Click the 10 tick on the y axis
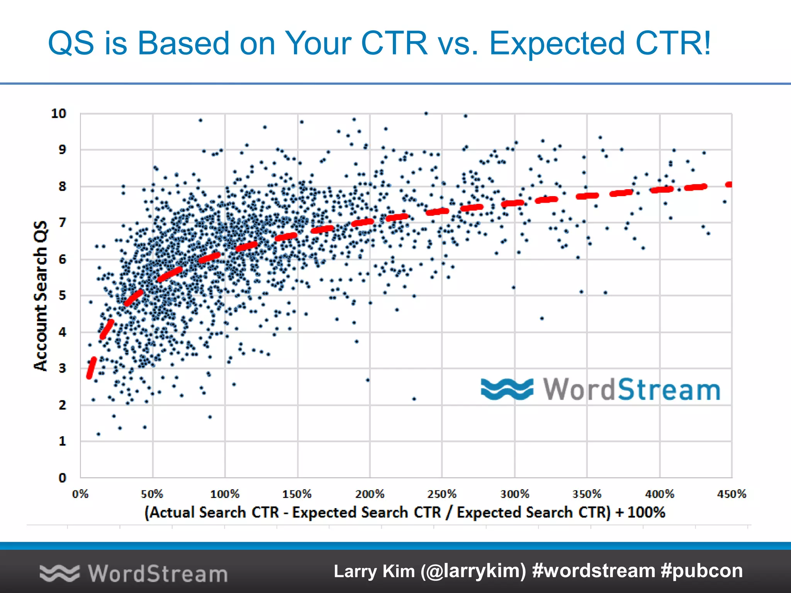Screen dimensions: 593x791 pyautogui.click(x=59, y=114)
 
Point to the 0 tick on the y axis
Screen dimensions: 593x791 pyautogui.click(x=62, y=478)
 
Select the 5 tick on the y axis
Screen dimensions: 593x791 pyautogui.click(x=62, y=296)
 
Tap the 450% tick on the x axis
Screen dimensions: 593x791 pyautogui.click(x=732, y=494)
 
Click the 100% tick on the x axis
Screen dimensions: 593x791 pyautogui.click(x=225, y=494)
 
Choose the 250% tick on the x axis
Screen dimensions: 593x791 pyautogui.click(x=442, y=494)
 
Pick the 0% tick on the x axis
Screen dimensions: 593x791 pyautogui.click(x=80, y=494)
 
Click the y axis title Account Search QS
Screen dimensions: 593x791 pyautogui.click(x=41, y=296)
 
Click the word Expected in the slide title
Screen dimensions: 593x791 pyautogui.click(x=557, y=43)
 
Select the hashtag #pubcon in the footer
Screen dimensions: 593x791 pyautogui.click(x=702, y=571)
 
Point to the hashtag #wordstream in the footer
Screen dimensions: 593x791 pyautogui.click(x=593, y=571)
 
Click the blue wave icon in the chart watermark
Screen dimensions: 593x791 pyautogui.click(x=507, y=389)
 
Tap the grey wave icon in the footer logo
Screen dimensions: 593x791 pyautogui.click(x=59, y=573)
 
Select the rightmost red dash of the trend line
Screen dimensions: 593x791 pyautogui.click(x=729, y=185)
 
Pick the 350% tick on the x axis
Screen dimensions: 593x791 pyautogui.click(x=587, y=494)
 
